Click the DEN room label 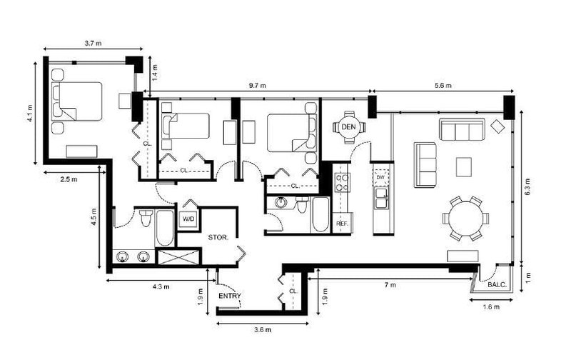pyautogui.click(x=348, y=126)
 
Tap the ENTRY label pyautogui.click(x=230, y=296)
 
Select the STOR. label pyautogui.click(x=218, y=236)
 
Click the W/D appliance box pyautogui.click(x=189, y=219)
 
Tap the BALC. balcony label pyautogui.click(x=497, y=284)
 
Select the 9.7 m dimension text pyautogui.click(x=258, y=86)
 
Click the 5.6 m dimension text pyautogui.click(x=443, y=86)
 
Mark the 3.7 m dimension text pyautogui.click(x=92, y=44)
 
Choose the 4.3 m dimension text pyautogui.click(x=161, y=286)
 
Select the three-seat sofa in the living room pyautogui.click(x=461, y=131)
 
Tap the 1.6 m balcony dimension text pyautogui.click(x=490, y=308)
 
